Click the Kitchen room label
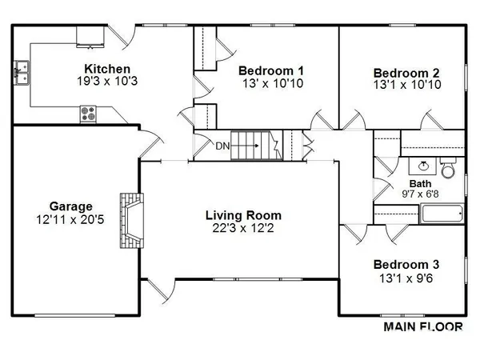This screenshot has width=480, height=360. click(107, 69)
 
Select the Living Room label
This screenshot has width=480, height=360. click(243, 215)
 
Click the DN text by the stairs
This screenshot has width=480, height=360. click(222, 146)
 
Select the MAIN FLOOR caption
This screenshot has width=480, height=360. click(424, 327)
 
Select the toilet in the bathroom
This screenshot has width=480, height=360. click(447, 170)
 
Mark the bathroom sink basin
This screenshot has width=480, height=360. click(423, 167)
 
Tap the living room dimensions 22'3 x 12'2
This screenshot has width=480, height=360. click(243, 229)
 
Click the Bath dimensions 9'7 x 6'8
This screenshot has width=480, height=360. click(421, 194)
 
